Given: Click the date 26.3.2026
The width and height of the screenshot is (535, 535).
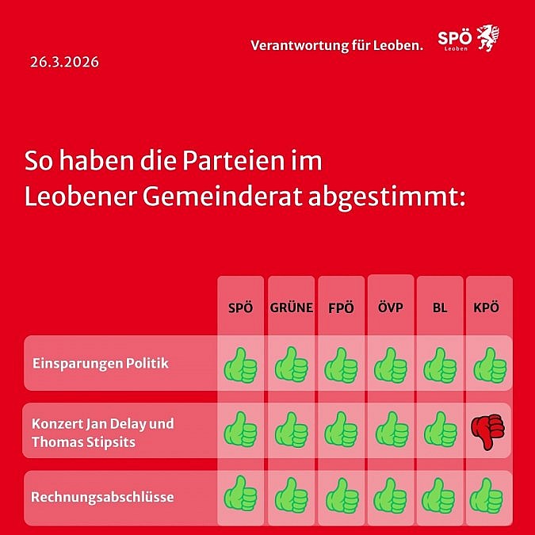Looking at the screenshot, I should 64,61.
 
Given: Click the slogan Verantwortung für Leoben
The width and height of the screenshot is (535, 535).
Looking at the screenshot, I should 337,45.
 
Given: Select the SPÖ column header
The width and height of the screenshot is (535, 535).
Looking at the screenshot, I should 240,308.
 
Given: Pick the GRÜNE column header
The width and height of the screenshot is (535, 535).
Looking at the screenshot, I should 291,308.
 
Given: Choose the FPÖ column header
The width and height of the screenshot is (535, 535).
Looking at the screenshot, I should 341,308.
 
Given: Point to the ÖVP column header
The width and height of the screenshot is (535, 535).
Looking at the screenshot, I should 390,308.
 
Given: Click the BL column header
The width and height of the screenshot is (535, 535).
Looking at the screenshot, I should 440,308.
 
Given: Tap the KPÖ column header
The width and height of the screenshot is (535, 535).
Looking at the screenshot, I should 488,308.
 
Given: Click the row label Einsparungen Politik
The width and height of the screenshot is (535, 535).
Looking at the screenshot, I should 101,364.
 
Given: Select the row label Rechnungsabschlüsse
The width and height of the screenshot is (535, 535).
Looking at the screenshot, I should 102,498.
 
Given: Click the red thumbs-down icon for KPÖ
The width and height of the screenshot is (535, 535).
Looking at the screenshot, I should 487,431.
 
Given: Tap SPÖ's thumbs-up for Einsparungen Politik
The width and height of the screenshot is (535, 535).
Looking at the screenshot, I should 240,365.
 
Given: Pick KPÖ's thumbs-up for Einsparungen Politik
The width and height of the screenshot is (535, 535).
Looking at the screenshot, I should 488,365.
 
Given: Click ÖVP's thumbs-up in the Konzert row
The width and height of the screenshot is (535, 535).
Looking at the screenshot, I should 390,430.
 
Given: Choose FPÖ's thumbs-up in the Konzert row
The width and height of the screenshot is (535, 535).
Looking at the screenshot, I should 341,430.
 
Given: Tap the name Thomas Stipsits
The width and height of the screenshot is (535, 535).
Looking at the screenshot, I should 83,441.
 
